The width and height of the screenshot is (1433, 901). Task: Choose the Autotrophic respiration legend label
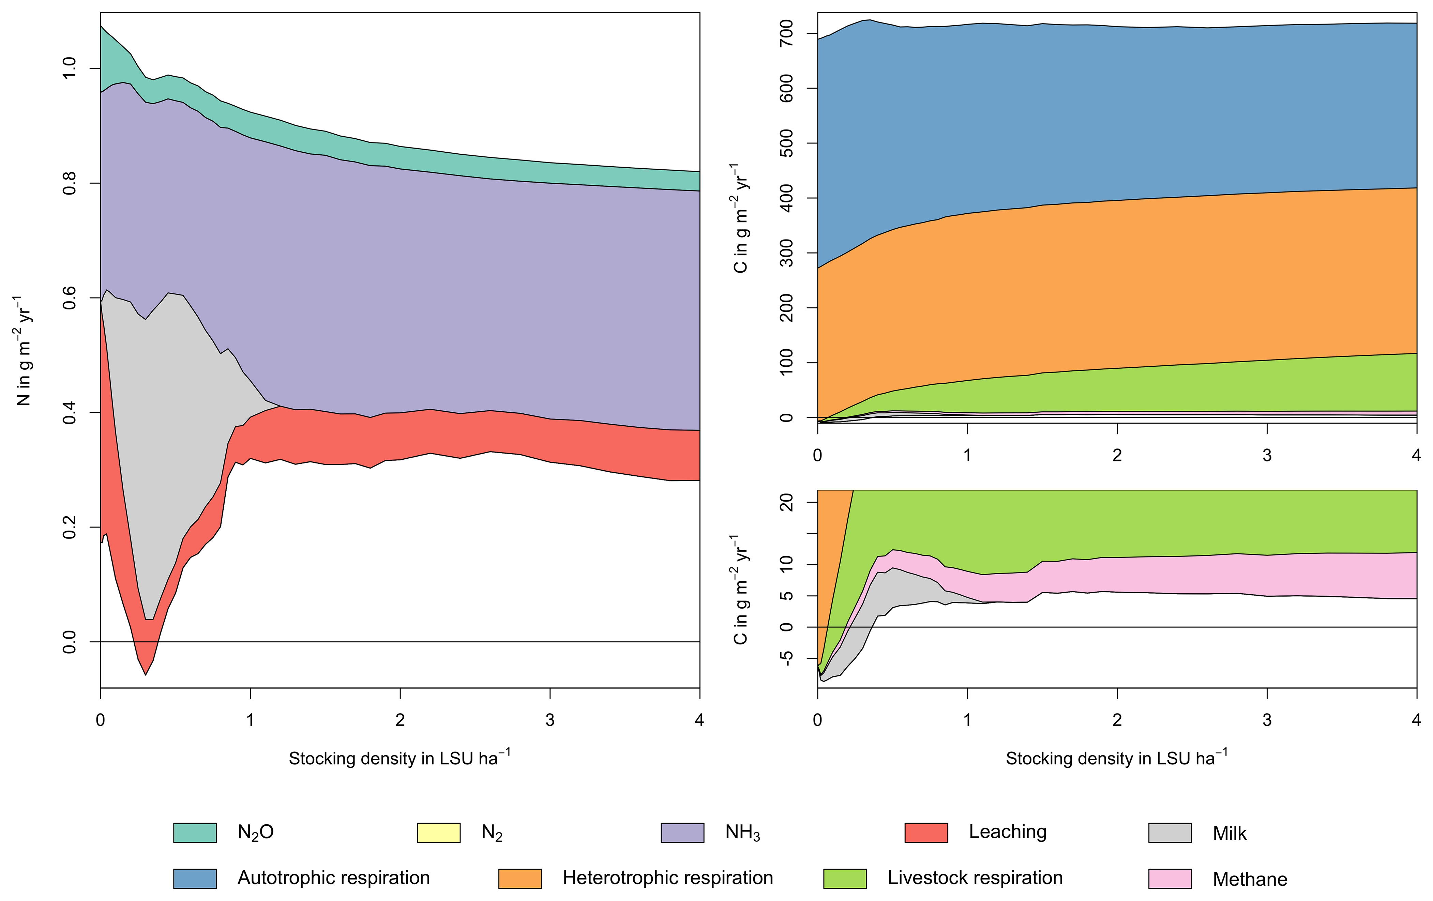pos(333,878)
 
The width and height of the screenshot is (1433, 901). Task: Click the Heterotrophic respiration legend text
pos(668,878)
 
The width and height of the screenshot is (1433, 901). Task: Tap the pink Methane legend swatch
pos(1170,879)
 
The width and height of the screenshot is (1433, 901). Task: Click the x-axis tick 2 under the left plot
pos(400,720)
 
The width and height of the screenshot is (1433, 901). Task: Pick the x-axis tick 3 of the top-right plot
pos(1267,455)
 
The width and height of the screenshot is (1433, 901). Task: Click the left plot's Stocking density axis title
pos(399,758)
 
